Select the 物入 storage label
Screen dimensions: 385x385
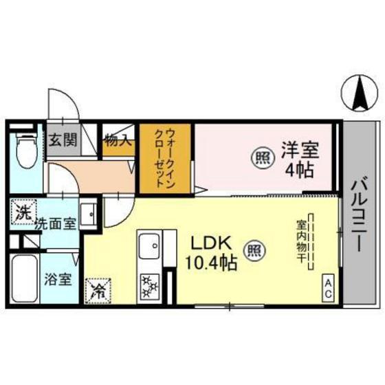point(118,142)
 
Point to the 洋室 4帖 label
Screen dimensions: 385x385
point(299,159)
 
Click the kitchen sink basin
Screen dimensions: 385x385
point(149,245)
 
